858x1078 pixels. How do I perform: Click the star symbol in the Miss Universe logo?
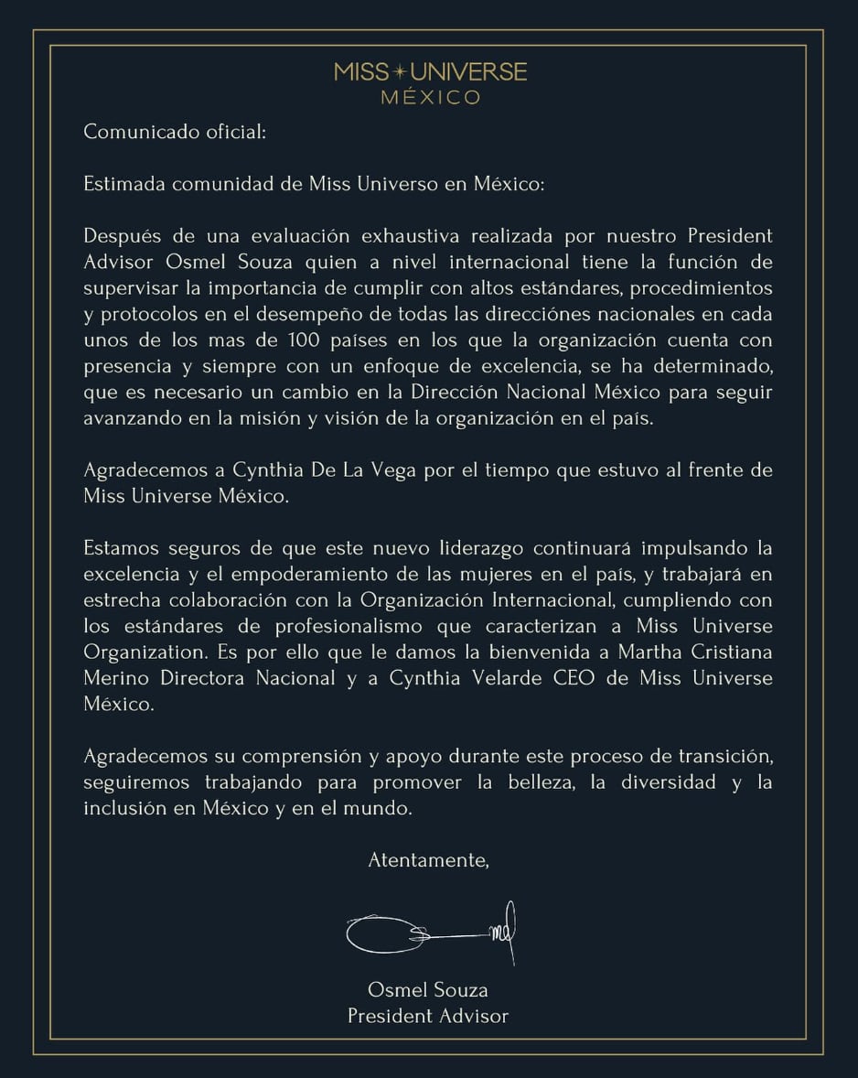(398, 71)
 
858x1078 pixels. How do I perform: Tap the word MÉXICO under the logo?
(430, 97)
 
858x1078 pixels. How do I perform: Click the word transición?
(717, 758)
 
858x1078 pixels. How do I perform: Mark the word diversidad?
(669, 783)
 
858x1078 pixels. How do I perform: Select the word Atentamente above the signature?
(428, 860)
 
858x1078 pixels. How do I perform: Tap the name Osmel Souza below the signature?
(428, 989)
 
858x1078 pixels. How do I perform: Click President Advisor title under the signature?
(428, 1015)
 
